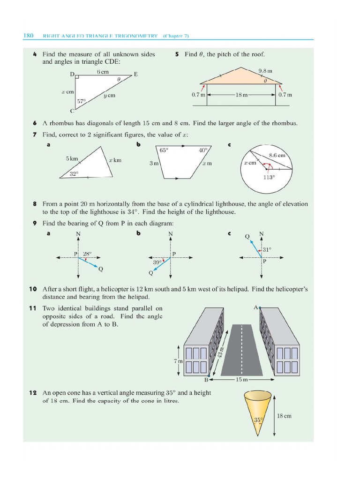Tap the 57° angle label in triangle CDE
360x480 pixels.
pos(82,101)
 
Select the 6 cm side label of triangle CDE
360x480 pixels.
pos(102,72)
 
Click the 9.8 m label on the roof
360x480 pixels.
pos(265,71)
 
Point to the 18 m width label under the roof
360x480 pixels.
pos(241,94)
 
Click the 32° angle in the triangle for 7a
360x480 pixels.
pos(74,173)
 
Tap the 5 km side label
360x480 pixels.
pos(72,158)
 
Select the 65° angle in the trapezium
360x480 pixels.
pos(164,150)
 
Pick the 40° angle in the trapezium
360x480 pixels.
pos(202,150)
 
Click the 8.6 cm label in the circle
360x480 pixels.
pos(277,155)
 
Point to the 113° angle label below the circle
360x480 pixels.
pos(269,178)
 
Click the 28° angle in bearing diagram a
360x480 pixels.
pos(87,254)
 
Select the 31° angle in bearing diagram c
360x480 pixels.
pos(267,249)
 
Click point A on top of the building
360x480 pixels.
pos(257,307)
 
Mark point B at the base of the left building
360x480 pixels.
pos(206,379)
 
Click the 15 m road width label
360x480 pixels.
pos(241,379)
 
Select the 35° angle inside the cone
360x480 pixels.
pos(257,420)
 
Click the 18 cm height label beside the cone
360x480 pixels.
pos(284,416)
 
